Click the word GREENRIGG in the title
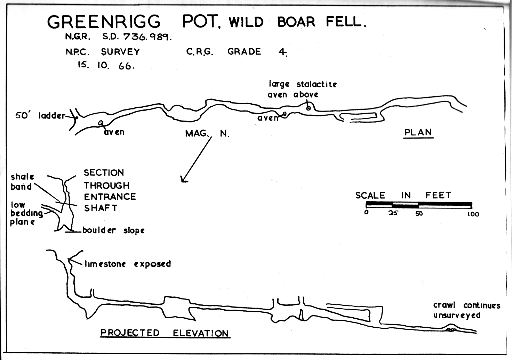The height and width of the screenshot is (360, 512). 104,22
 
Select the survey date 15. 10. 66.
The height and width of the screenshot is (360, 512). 106,65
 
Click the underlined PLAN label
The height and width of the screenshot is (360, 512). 418,132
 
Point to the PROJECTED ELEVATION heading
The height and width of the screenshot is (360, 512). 165,333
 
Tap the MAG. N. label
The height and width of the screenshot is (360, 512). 207,133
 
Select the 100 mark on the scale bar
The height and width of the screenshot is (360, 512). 473,214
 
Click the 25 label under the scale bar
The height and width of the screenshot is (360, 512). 393,213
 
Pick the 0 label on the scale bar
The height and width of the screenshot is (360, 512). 366,212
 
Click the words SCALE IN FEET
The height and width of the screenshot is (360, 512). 403,195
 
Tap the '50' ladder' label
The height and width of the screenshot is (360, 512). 40,116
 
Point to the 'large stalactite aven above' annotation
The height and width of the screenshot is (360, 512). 302,89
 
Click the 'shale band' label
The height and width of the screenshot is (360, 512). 22,182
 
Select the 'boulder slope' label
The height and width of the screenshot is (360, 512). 113,230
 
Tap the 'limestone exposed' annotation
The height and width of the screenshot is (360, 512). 128,264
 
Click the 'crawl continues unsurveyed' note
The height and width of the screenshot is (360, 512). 466,310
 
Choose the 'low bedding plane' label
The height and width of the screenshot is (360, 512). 25,213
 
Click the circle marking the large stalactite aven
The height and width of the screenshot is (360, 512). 308,108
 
